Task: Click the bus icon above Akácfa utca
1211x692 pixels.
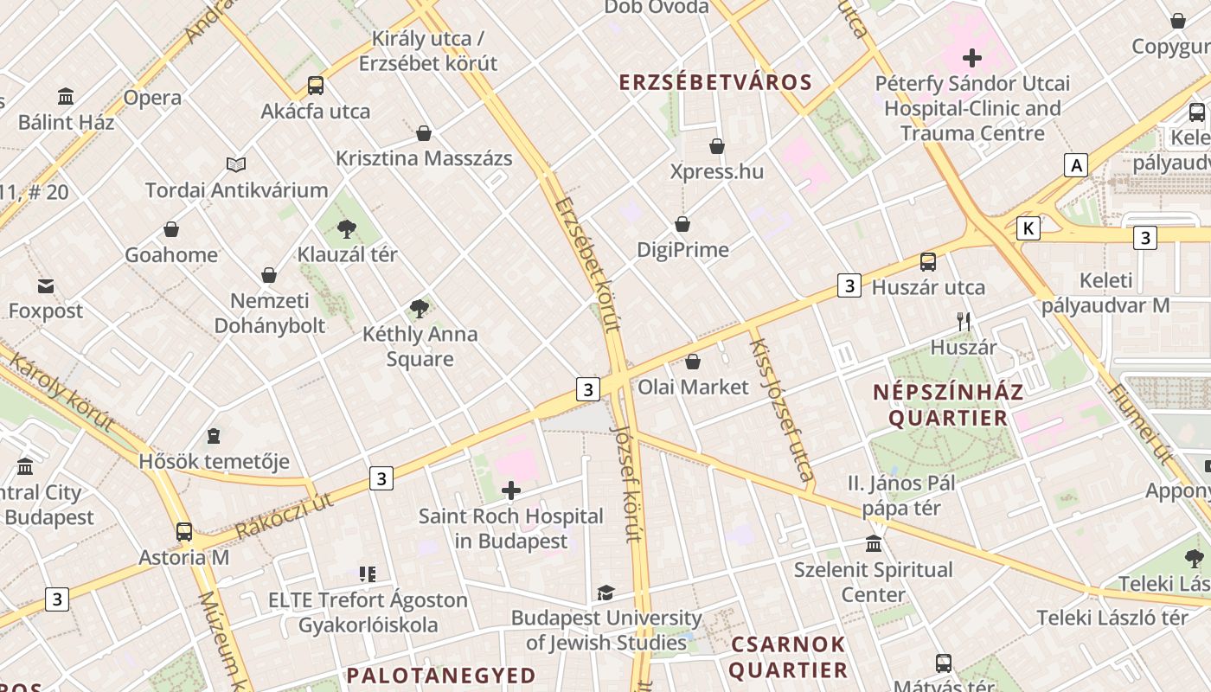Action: (x=316, y=86)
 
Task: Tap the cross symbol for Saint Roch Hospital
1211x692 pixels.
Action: (x=511, y=491)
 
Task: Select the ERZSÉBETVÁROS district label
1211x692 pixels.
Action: (x=715, y=83)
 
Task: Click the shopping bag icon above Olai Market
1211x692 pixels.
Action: (x=692, y=361)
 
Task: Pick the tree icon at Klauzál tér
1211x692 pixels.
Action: (x=347, y=229)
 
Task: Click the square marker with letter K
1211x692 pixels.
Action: (x=1028, y=228)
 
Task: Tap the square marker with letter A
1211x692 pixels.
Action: (x=1076, y=165)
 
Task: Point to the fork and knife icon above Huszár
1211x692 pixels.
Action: (x=964, y=322)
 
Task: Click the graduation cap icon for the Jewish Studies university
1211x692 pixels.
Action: (x=605, y=593)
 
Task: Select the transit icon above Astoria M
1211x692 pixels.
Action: (x=184, y=532)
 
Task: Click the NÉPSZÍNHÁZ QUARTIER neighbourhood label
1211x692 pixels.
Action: (x=948, y=405)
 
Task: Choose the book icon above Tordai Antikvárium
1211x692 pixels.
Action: (x=236, y=164)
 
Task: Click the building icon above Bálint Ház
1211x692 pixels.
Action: (x=66, y=96)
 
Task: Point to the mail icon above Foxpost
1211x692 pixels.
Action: (x=45, y=285)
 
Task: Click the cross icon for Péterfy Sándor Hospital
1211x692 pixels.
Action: (x=972, y=58)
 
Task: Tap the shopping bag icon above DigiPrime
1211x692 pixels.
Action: (x=682, y=224)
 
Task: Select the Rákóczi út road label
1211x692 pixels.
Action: (x=285, y=516)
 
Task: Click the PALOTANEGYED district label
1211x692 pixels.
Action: (x=441, y=675)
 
